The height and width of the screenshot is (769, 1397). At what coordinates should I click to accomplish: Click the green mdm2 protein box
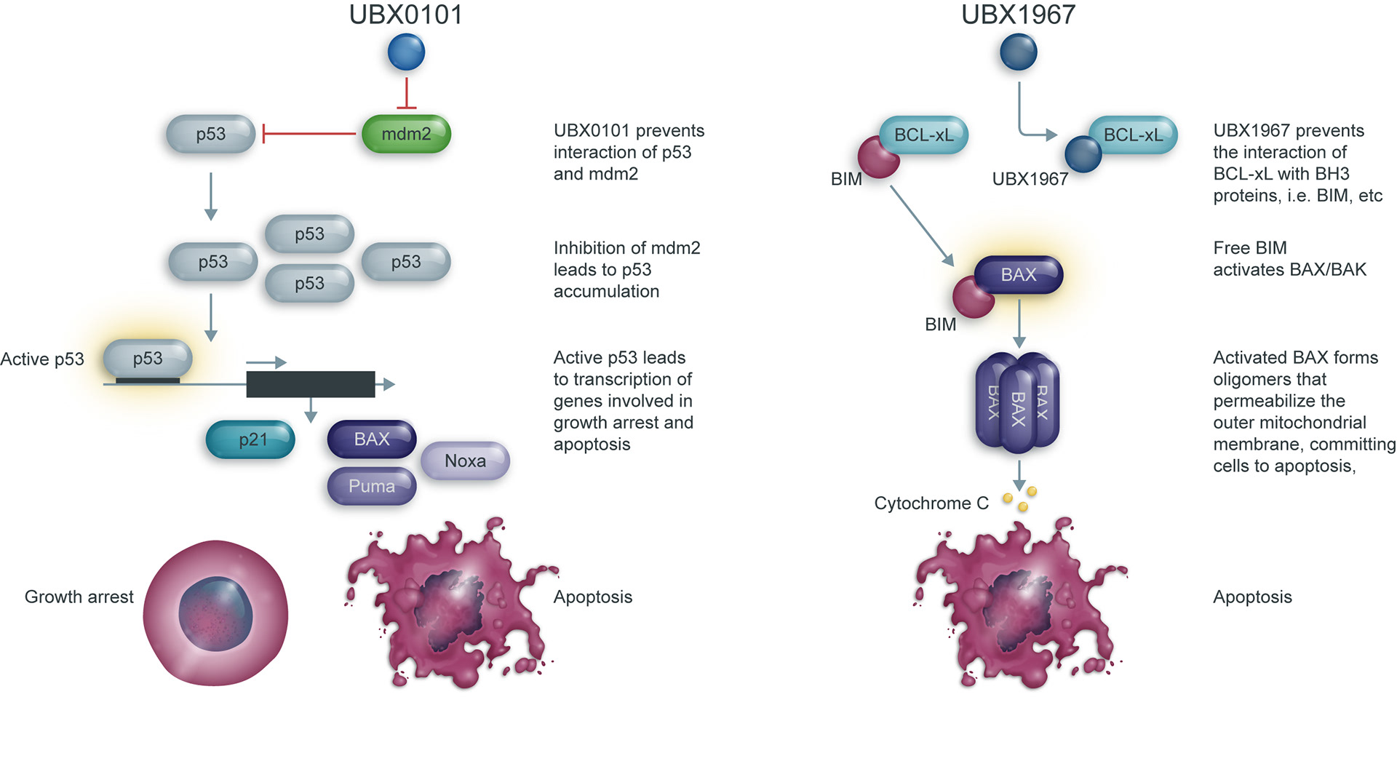pyautogui.click(x=406, y=134)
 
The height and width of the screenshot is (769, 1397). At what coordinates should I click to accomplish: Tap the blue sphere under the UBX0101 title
pyautogui.click(x=406, y=52)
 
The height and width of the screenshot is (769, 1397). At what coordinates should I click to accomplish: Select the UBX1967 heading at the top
pyautogui.click(x=1018, y=15)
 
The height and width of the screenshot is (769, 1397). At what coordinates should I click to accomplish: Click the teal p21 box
pyautogui.click(x=251, y=439)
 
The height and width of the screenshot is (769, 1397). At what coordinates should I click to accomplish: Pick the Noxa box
pyautogui.click(x=465, y=461)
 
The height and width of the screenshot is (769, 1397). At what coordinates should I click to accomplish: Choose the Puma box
pyautogui.click(x=371, y=486)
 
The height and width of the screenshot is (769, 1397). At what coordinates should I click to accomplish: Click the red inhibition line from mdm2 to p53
pyautogui.click(x=309, y=134)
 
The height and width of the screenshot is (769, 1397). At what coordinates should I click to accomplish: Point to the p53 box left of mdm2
pyautogui.click(x=210, y=134)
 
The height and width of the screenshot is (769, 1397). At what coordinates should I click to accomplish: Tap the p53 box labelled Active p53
pyautogui.click(x=148, y=358)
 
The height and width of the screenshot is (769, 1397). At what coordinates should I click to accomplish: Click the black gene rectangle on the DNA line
pyautogui.click(x=311, y=384)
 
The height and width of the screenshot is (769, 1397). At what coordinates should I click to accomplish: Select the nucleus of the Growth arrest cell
pyautogui.click(x=215, y=614)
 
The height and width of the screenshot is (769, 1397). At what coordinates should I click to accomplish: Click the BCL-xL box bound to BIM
pyautogui.click(x=923, y=135)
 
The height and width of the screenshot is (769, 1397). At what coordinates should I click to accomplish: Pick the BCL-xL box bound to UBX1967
pyautogui.click(x=1132, y=135)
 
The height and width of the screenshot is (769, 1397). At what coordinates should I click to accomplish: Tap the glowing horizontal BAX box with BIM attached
pyautogui.click(x=1019, y=274)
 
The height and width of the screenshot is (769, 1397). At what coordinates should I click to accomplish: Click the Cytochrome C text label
pyautogui.click(x=931, y=503)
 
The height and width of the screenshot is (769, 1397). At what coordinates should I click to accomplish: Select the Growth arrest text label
pyautogui.click(x=79, y=597)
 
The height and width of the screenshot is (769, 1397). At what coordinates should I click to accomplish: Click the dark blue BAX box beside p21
pyautogui.click(x=371, y=439)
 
